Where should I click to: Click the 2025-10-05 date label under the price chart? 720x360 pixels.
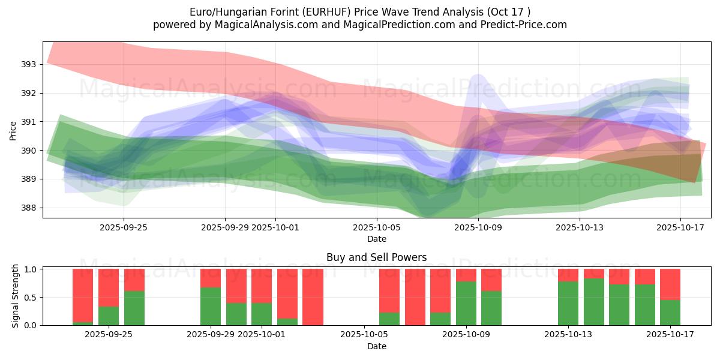coord(377,227)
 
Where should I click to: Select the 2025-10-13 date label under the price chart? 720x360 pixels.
coord(580,227)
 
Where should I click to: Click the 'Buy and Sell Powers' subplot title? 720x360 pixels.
coord(376,257)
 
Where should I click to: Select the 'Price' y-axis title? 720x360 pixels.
coord(13,130)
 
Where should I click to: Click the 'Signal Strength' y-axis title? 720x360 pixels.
coord(16,296)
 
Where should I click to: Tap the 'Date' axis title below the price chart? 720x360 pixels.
coord(376,239)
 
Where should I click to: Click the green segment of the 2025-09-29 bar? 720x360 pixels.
coord(211,307)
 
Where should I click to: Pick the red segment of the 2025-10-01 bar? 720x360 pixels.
coord(262,286)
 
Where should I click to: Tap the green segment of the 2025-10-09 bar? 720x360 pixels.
coord(466,304)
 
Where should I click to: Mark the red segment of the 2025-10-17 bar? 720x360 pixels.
coord(670,284)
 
